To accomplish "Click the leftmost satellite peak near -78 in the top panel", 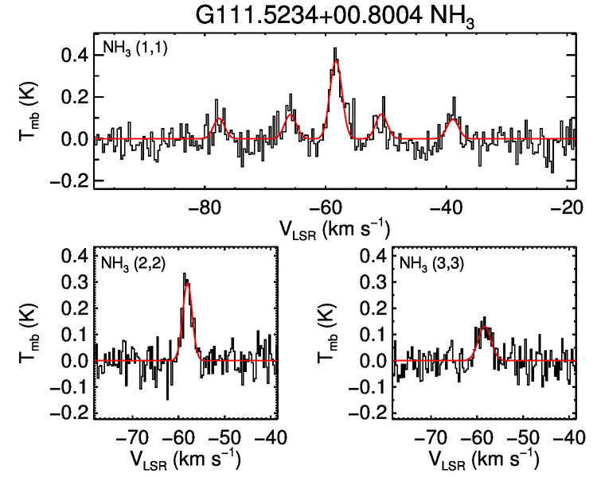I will click(218, 118).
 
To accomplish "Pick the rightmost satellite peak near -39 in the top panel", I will click(452, 120).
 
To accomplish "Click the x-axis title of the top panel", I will click(334, 228).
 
